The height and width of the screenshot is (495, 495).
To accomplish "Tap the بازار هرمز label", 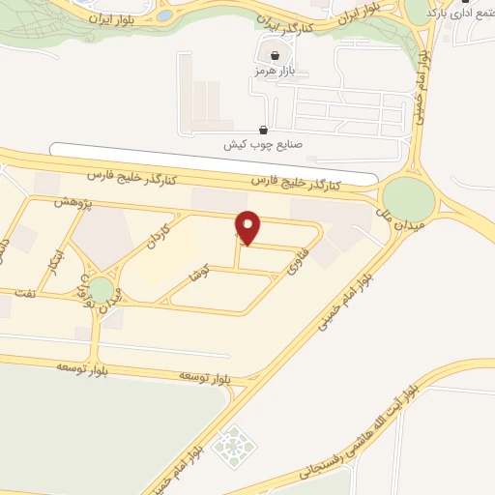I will click(273, 72).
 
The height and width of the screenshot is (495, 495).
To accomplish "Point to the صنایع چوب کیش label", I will click(263, 144).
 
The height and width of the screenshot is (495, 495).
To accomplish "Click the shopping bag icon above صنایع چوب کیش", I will click(263, 129).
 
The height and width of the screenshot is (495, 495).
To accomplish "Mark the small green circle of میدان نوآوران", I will click(101, 288).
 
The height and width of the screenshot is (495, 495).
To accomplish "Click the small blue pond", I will click(164, 16).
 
